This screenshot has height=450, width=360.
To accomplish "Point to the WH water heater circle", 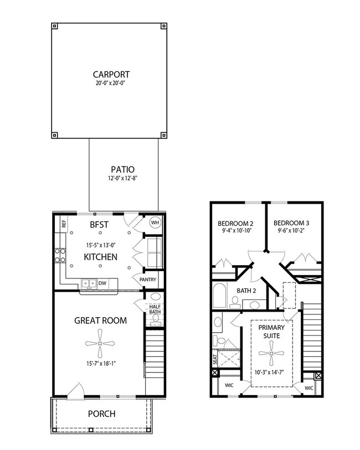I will point(154,223).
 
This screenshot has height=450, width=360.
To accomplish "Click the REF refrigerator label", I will point(64,224).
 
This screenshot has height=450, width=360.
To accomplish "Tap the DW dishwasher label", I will point(102,283).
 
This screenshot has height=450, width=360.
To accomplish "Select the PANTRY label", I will point(147,280).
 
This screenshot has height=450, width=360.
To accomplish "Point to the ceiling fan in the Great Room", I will point(100,344).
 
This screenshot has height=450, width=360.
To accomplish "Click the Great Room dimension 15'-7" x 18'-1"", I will point(100,364).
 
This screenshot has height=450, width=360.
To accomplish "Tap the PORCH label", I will point(101,414).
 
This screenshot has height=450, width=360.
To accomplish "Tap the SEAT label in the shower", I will point(215,359).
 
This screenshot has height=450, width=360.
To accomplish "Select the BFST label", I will point(100,225).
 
